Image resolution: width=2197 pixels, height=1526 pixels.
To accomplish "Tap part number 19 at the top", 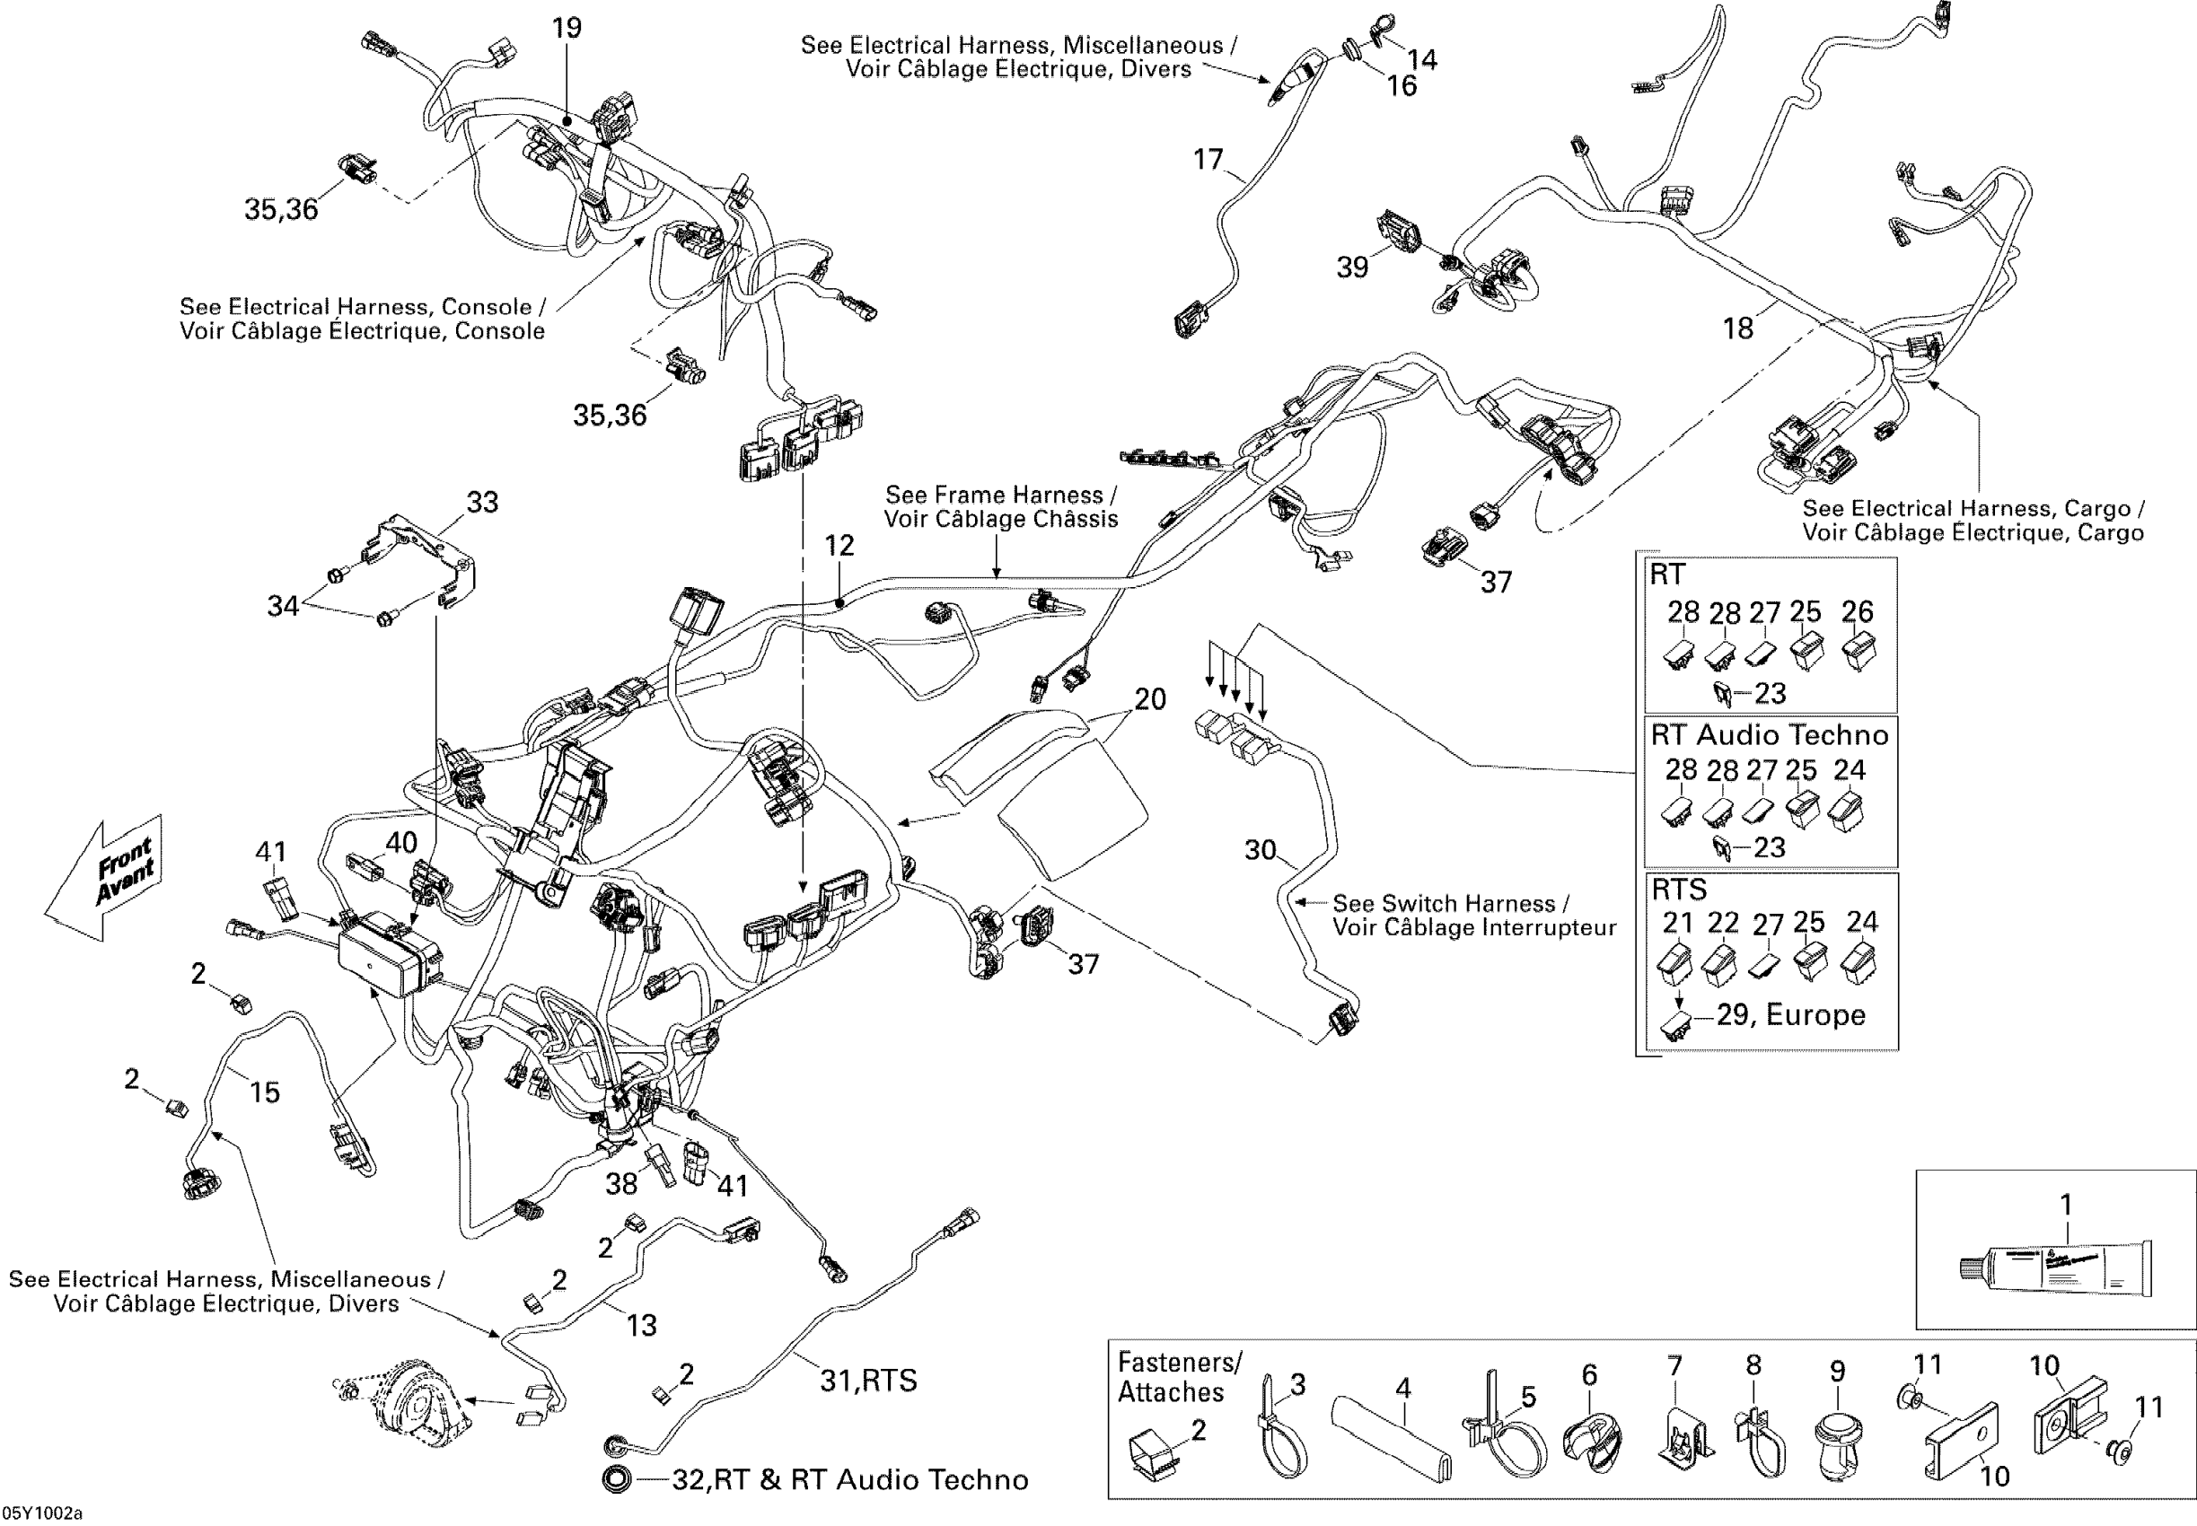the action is click(x=567, y=28).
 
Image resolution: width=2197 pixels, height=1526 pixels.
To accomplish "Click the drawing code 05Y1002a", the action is click(x=43, y=1513).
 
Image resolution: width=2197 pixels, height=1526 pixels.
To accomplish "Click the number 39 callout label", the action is click(x=1352, y=267).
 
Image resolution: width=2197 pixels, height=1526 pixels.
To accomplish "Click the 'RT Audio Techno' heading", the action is click(x=1770, y=734).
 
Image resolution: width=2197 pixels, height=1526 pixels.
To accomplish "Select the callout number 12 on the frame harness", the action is click(x=839, y=546).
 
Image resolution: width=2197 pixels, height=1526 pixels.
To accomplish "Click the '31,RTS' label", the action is click(x=868, y=1380).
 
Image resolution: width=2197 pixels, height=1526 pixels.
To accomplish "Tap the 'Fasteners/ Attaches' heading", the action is click(x=1180, y=1377).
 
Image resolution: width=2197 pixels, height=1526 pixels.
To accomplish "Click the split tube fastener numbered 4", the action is click(x=1393, y=1439).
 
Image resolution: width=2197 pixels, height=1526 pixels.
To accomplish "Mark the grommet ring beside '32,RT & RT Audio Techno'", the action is click(x=618, y=1479).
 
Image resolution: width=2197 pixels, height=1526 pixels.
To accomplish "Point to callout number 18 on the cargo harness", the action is click(x=1737, y=329).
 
